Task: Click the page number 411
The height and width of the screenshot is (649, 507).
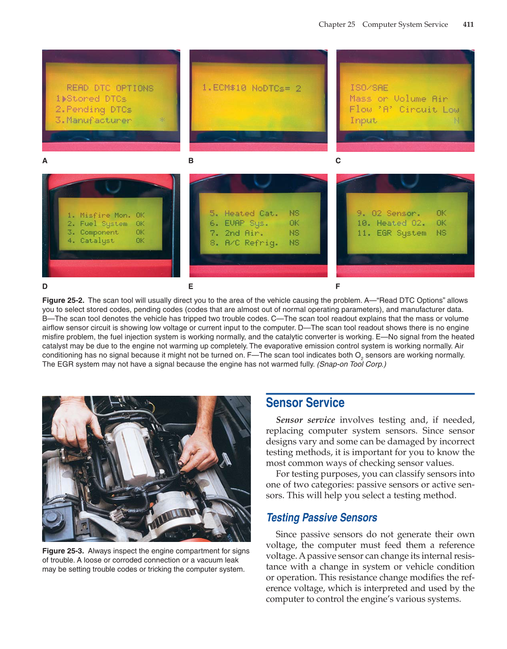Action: (x=468, y=25)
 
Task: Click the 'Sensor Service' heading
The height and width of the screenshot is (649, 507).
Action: (x=305, y=403)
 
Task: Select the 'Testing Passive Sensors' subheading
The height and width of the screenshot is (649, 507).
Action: (x=321, y=518)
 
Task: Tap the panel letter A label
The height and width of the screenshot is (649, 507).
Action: (x=45, y=161)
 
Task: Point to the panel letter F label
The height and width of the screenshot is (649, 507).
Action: (x=338, y=287)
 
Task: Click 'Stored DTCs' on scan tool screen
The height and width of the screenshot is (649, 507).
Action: (x=96, y=99)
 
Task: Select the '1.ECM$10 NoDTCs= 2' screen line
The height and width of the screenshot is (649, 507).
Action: (x=251, y=88)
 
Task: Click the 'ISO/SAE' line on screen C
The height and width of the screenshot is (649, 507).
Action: (x=369, y=88)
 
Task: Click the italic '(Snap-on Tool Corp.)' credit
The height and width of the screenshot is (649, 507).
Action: (x=351, y=364)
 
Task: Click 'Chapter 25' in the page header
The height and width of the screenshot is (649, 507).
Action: (x=336, y=25)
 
